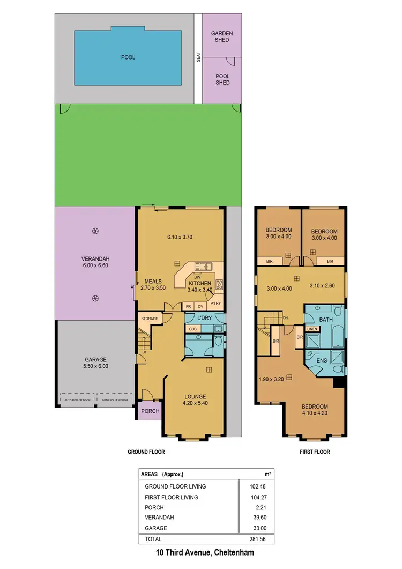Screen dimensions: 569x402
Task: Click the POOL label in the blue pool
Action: coord(128,57)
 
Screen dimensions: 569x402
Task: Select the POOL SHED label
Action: coord(222,79)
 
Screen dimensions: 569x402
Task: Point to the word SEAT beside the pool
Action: coord(198,57)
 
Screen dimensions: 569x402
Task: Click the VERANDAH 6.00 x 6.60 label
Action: coord(95,261)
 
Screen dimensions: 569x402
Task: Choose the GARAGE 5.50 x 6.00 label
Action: coord(96,363)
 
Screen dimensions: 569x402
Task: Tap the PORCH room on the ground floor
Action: coord(146,411)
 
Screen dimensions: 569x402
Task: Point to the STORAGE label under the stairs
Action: coord(150,319)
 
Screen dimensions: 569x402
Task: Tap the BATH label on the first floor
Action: coord(326,320)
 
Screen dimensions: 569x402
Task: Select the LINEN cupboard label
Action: coord(312,329)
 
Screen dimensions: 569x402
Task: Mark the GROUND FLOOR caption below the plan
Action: coord(146,452)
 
